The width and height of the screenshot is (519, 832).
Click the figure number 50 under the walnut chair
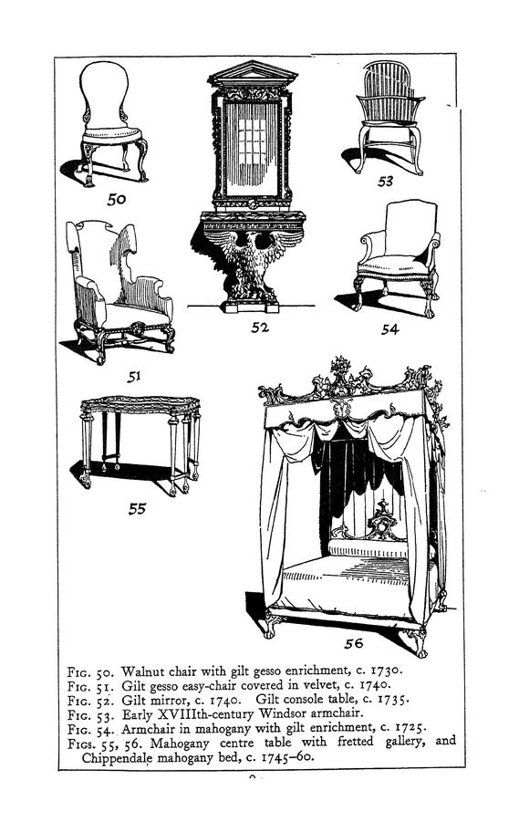coord(116,199)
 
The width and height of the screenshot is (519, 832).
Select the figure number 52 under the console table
coord(259,328)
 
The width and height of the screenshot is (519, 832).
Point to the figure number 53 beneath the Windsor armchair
coord(385,181)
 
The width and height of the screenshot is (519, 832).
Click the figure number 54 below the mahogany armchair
coord(389,329)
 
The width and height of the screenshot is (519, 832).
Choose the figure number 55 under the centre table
coord(137,508)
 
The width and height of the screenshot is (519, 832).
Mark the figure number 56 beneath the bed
coord(353,643)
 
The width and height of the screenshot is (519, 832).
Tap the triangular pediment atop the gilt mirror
coord(253,74)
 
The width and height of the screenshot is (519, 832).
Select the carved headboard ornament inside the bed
coord(380,520)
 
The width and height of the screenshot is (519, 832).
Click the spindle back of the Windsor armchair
coord(388,84)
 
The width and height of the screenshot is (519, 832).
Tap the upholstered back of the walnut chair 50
coord(104,95)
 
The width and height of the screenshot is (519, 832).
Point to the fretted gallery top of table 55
coord(140,404)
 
